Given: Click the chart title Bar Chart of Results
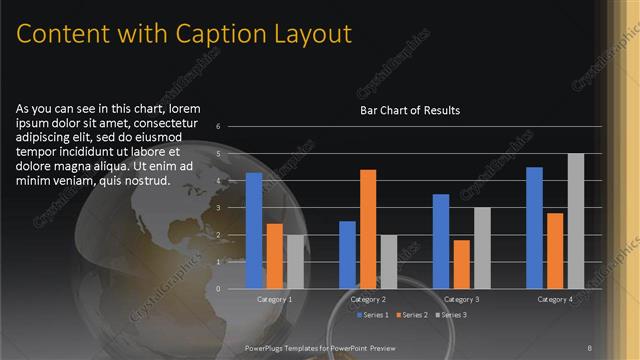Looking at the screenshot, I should point(410,111).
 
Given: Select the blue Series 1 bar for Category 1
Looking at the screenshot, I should point(254,230).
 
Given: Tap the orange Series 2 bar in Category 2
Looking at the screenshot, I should point(368,229).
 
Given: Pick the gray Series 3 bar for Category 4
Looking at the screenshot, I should point(575,221).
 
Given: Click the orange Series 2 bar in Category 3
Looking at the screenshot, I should point(462,264).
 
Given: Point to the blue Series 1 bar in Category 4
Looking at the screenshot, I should point(534,227).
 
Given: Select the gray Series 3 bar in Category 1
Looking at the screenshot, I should point(295,261).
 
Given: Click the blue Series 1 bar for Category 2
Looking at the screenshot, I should point(347,254).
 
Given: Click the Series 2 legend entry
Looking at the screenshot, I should point(413,316).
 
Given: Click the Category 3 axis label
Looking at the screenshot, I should point(462,299).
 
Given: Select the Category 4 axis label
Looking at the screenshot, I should point(555,299).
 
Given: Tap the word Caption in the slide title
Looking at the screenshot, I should point(216,34).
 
